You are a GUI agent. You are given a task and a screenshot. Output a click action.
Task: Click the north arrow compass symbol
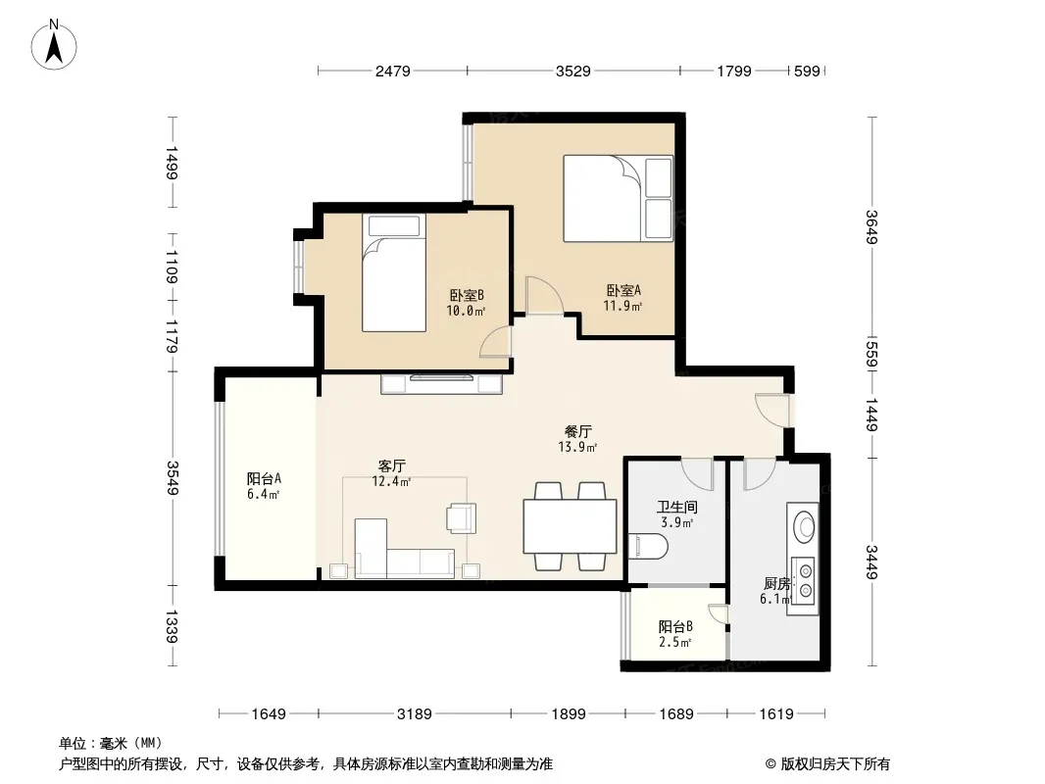tap(54, 45)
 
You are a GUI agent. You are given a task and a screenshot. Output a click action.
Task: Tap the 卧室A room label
tap(623, 290)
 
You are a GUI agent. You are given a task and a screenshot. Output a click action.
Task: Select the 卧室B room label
tap(466, 295)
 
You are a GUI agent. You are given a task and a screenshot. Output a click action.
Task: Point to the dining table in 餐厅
tap(570, 525)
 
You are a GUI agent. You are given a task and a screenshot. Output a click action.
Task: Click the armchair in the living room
tap(462, 517)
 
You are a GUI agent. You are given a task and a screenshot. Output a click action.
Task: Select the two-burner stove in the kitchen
tap(805, 580)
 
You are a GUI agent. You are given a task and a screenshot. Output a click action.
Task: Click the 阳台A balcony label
tap(264, 478)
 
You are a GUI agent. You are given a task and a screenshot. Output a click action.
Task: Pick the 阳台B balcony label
tap(675, 627)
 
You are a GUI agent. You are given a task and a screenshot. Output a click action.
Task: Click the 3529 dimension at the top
tap(573, 72)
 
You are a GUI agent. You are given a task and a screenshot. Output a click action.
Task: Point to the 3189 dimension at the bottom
tap(415, 714)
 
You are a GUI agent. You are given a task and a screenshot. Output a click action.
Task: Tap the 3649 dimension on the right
tap(871, 227)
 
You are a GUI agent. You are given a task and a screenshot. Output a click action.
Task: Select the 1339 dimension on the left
tap(172, 626)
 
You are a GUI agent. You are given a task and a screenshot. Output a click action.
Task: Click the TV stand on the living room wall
tap(441, 384)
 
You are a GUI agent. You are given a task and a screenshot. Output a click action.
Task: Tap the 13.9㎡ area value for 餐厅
tap(577, 447)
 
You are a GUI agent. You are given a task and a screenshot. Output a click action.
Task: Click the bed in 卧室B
tap(394, 272)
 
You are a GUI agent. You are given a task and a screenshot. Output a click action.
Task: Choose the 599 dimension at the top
tap(807, 72)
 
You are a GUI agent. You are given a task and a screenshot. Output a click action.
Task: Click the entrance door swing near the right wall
tap(771, 409)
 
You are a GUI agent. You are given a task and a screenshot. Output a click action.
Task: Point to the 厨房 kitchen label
tap(776, 583)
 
